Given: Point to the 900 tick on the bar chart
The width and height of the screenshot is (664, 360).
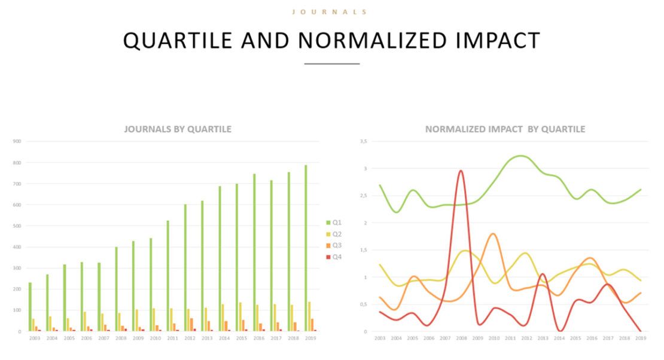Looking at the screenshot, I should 17,142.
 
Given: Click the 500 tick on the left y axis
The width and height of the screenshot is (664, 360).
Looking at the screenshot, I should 17,226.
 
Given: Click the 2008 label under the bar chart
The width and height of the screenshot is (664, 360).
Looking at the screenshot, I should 120,338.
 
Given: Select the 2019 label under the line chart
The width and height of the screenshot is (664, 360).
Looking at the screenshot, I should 641,338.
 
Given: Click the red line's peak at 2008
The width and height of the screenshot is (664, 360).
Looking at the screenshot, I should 461,171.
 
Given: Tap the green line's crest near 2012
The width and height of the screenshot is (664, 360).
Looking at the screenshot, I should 521,156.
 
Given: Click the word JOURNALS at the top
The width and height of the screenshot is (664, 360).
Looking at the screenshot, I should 329,11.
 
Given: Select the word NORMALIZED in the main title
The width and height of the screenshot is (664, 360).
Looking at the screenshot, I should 371,40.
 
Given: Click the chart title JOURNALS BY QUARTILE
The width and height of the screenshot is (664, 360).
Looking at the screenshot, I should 178,129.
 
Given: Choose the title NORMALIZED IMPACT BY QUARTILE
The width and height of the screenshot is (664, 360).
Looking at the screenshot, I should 505,129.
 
